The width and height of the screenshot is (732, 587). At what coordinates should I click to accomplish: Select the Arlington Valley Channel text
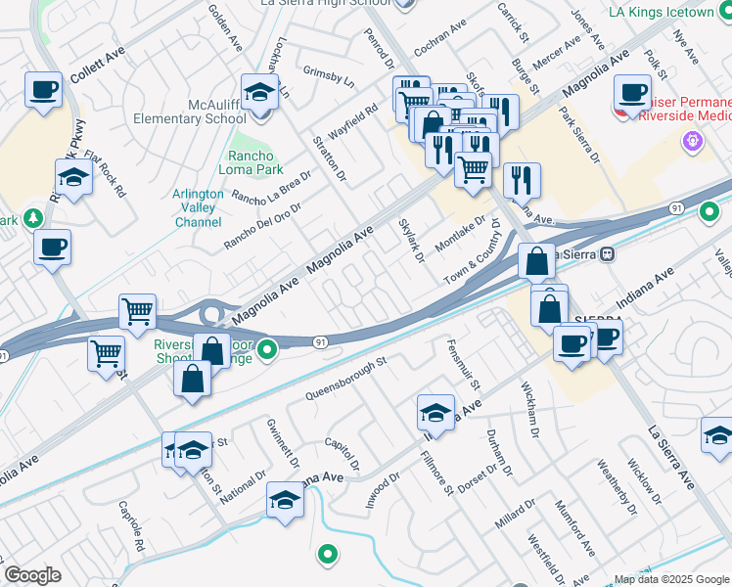198,208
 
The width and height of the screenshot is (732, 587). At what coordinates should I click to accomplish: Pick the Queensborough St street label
346,378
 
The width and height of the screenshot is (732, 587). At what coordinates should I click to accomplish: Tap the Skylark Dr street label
411,240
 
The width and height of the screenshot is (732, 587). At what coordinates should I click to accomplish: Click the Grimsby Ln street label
327,77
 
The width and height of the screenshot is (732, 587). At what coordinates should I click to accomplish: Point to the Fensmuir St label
456,362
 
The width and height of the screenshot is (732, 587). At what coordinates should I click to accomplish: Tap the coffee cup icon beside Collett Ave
44,91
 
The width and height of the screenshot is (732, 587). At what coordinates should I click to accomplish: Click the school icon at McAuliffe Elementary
259,93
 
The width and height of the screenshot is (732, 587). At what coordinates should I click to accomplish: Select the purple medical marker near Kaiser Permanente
693,141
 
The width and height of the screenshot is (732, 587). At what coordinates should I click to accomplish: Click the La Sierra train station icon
607,253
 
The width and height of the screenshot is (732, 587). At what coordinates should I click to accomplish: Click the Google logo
32,575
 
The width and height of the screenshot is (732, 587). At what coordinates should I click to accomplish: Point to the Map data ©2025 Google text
671,579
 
